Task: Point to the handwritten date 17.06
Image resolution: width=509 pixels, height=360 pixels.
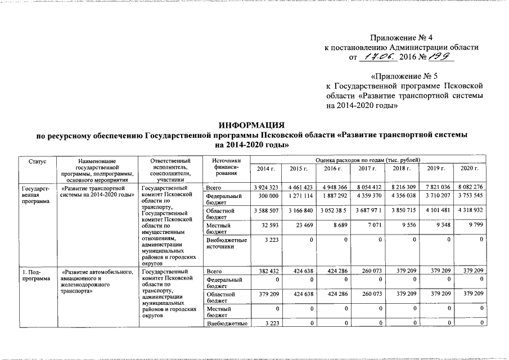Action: pos(378,57)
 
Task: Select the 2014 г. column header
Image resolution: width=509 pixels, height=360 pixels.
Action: pos(265,169)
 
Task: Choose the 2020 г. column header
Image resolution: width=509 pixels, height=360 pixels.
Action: pos(469,169)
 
